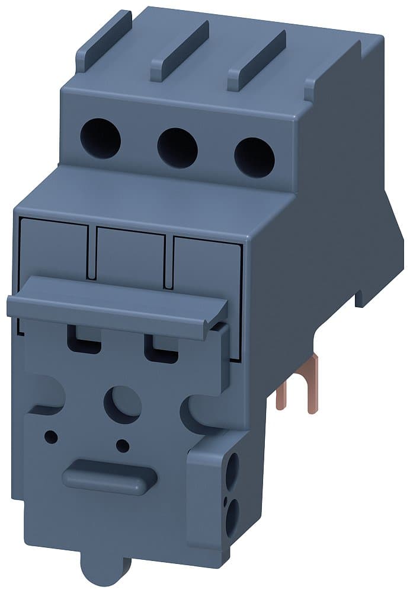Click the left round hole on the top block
point(100,138)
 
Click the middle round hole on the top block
point(177,148)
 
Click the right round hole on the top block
point(254,156)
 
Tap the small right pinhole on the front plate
point(123,445)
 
